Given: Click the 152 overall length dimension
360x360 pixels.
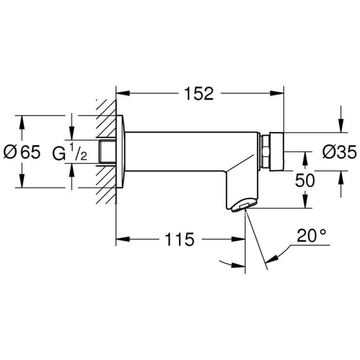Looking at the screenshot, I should (x=199, y=93).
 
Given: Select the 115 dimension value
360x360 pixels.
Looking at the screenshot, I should (x=179, y=239).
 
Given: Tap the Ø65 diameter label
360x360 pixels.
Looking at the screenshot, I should (x=22, y=152).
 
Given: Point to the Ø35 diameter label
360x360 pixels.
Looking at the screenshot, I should (x=339, y=152).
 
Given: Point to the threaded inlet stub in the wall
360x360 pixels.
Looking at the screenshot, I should (x=107, y=152).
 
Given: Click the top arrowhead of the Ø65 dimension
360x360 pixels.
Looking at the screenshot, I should (x=22, y=119).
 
